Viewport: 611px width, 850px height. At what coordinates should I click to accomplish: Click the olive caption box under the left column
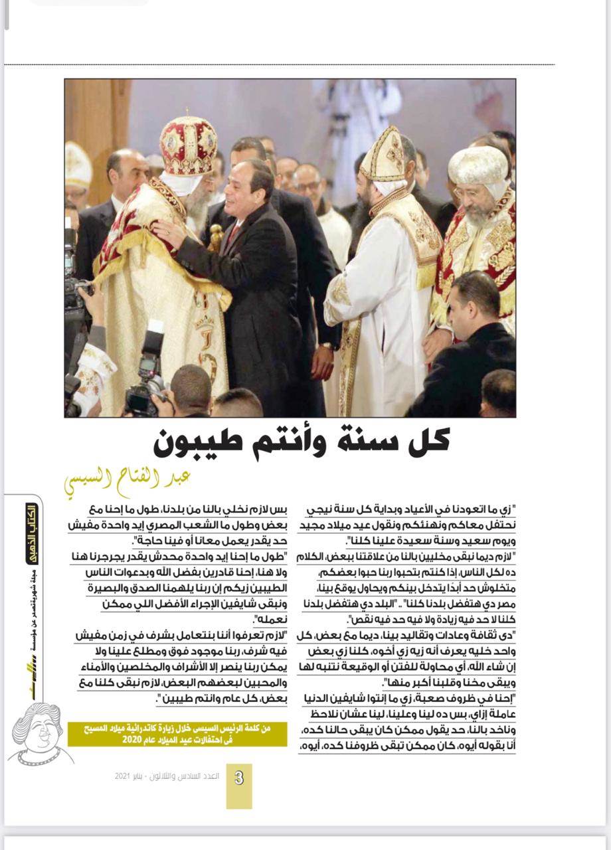[x=177, y=734]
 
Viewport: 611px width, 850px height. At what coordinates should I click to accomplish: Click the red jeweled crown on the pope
[x=188, y=144]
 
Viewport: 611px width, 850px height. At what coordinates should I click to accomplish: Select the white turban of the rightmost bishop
[x=478, y=166]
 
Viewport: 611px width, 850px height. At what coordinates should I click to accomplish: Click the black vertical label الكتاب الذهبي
[x=31, y=534]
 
